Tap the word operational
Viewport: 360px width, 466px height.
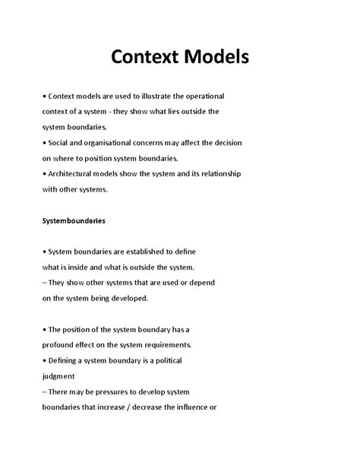[214, 97]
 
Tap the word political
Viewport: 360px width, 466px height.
[163, 360]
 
